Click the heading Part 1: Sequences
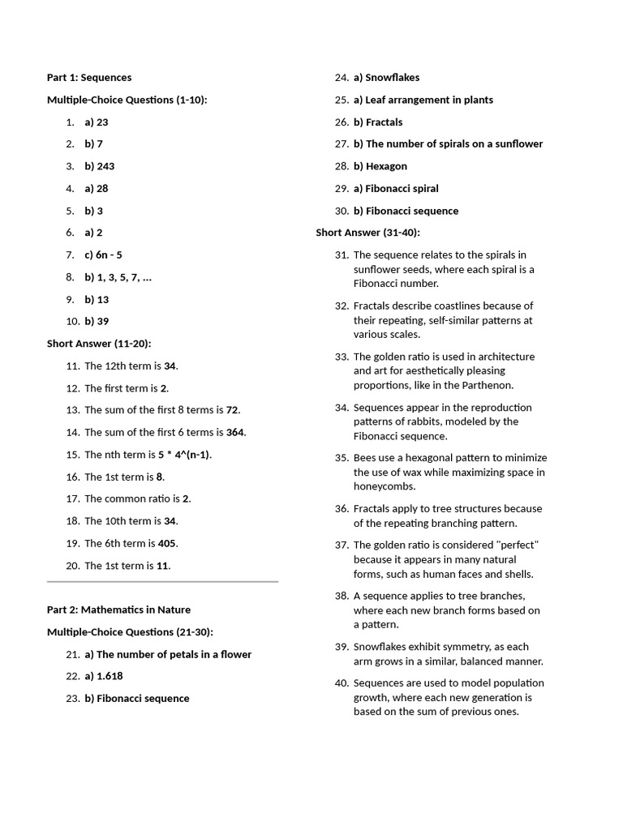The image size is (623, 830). [x=89, y=78]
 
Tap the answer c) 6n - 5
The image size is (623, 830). [x=103, y=255]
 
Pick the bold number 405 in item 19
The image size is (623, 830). [x=167, y=543]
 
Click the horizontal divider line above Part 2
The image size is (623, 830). [x=162, y=581]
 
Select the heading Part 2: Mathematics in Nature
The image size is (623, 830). [x=118, y=610]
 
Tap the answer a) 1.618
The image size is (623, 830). [x=104, y=676]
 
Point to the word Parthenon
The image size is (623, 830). [x=488, y=385]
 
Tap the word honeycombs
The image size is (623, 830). [x=385, y=486]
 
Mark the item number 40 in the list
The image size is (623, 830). [x=342, y=683]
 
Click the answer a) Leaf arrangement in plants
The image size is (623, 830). [x=423, y=100]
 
